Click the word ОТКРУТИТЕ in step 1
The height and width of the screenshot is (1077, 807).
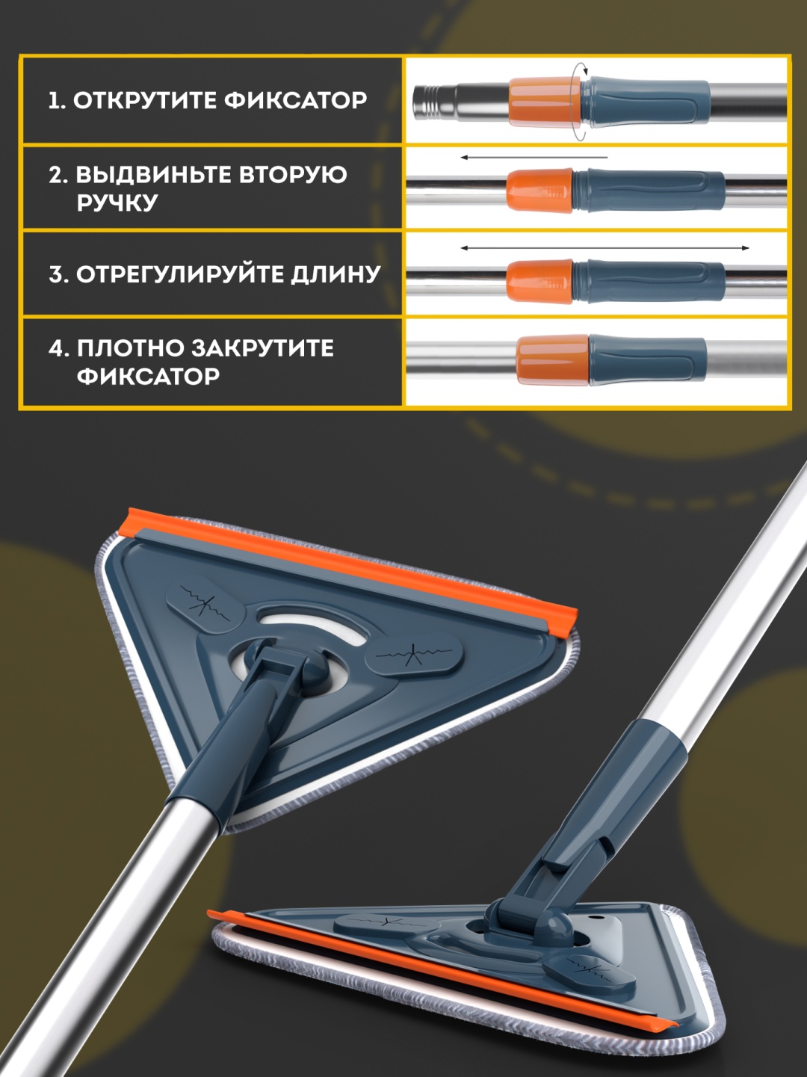[x=145, y=101]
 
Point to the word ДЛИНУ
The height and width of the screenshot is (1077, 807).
[x=336, y=274]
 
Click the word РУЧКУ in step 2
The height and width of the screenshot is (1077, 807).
[x=117, y=202]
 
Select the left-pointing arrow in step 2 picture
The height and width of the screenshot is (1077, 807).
[x=534, y=158]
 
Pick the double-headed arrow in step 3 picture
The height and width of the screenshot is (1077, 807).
[x=605, y=248]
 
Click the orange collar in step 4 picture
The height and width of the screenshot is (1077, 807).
[x=553, y=360]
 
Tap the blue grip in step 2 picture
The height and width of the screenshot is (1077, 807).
[x=649, y=191]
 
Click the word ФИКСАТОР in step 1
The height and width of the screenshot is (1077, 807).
[x=296, y=101]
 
